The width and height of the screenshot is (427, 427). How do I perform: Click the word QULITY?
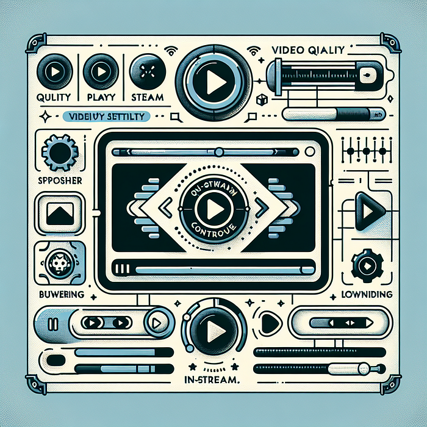53,97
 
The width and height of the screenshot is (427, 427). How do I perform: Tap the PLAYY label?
99,97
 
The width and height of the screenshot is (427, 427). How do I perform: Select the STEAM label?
147,97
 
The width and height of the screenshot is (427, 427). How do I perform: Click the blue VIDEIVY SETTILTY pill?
107,116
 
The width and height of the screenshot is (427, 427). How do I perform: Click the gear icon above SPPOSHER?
59,152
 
